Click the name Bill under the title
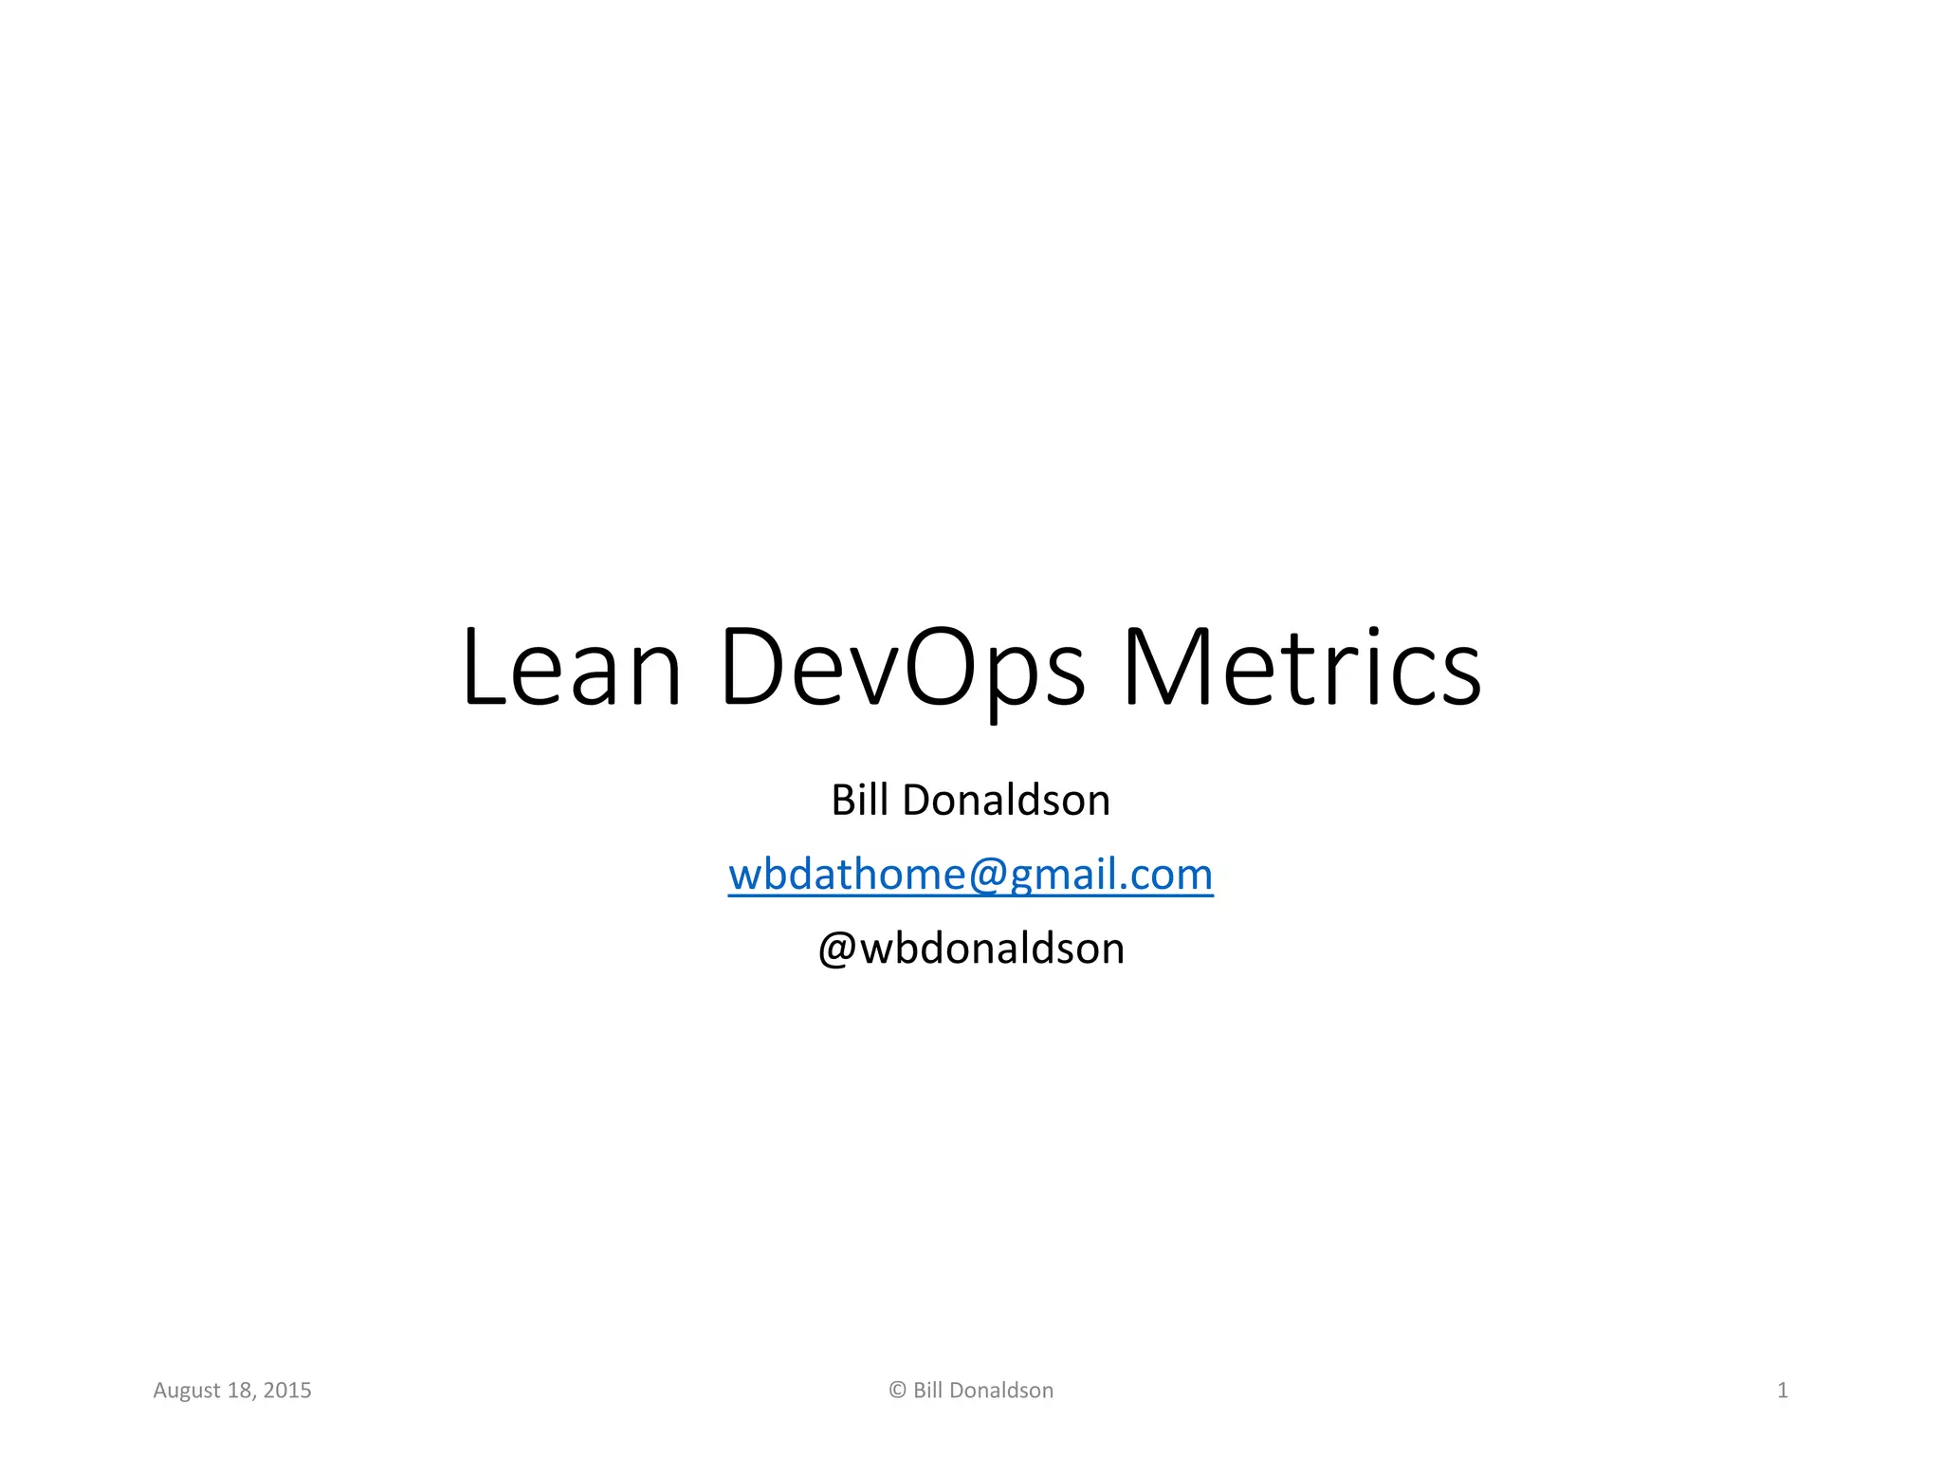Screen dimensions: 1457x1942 (x=859, y=800)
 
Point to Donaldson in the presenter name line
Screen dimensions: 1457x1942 (x=1006, y=800)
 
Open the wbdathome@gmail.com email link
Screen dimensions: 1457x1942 (x=970, y=874)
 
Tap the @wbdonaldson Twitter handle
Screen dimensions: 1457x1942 (x=971, y=948)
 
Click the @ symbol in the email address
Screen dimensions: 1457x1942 (x=987, y=875)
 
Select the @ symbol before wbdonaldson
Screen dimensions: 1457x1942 (x=837, y=949)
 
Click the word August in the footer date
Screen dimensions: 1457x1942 (x=187, y=1391)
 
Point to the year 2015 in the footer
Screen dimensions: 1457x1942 (x=287, y=1391)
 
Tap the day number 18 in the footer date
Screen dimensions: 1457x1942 (x=241, y=1391)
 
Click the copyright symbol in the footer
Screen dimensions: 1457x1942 (x=897, y=1391)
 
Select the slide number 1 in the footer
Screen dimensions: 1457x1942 (x=1783, y=1391)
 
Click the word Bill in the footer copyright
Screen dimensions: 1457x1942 (x=927, y=1391)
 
